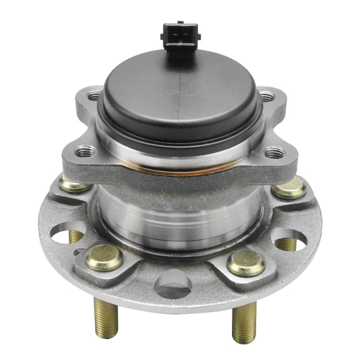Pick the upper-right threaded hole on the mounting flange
(267, 96)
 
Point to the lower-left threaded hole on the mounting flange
(84, 151)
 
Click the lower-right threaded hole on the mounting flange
(274, 153)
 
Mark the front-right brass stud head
(246, 262)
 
